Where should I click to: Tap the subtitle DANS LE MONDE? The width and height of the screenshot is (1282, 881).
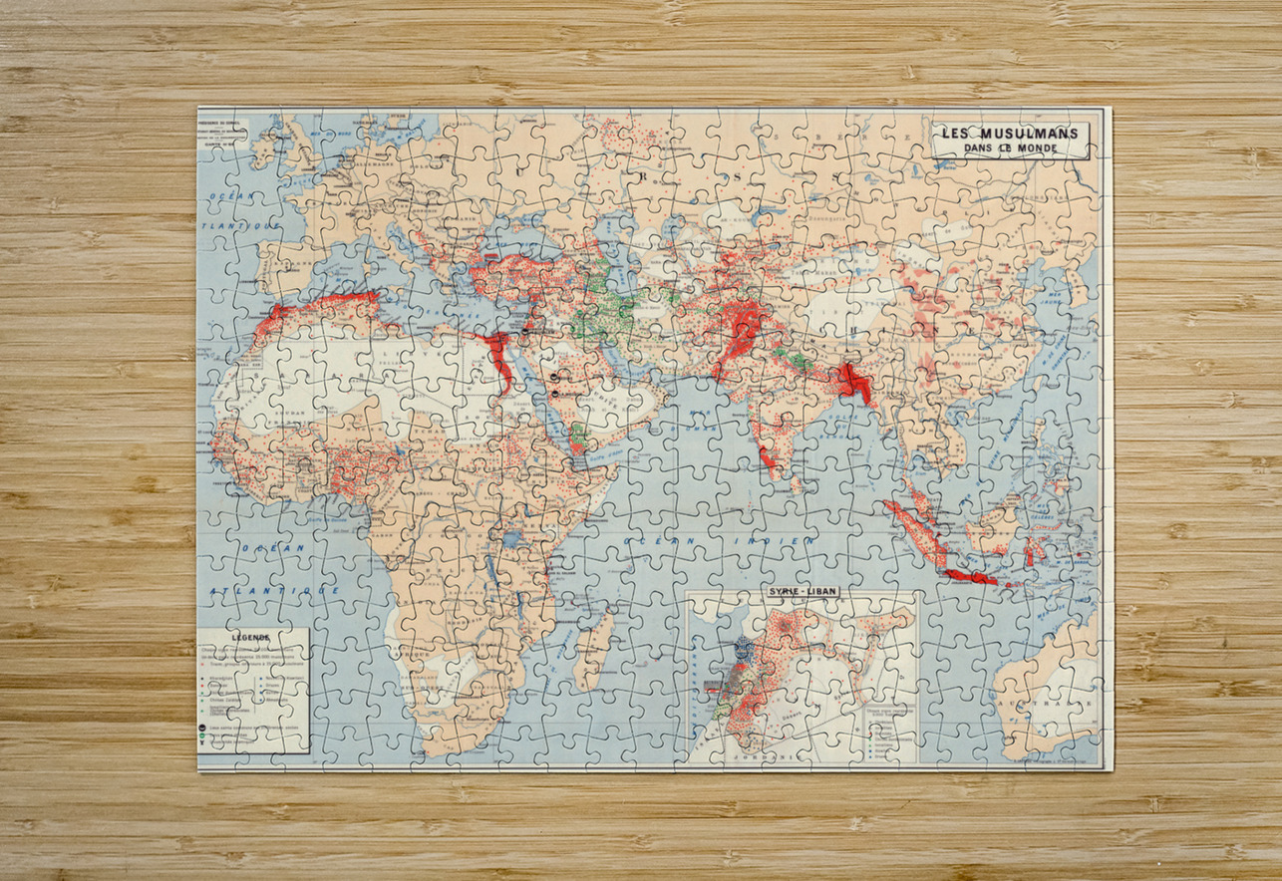1012,148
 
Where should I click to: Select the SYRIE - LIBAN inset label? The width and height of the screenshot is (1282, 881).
801,590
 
